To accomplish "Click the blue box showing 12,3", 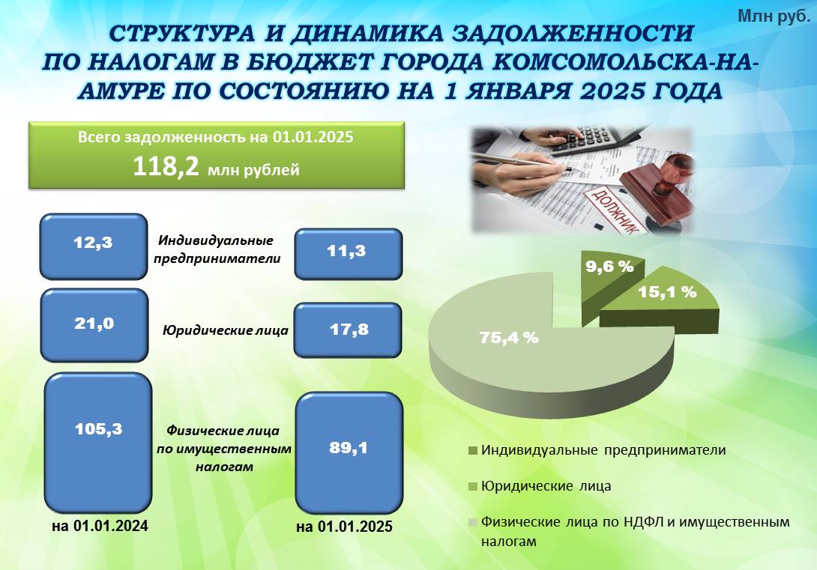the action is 94,246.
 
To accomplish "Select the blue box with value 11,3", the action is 348,254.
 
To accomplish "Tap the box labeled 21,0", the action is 94,325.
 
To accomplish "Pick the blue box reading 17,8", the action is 348,330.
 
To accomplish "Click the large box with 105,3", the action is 98,443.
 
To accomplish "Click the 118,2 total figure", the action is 166,166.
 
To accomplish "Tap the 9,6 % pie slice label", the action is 609,267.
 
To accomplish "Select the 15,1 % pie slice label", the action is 667,292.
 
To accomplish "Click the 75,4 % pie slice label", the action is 508,338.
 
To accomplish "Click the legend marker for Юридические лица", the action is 473,487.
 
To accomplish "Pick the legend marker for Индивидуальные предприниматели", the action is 473,450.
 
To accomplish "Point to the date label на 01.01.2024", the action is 100,526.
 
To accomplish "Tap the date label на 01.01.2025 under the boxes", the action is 344,527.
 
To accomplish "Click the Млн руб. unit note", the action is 774,16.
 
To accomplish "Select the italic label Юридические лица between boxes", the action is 225,330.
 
